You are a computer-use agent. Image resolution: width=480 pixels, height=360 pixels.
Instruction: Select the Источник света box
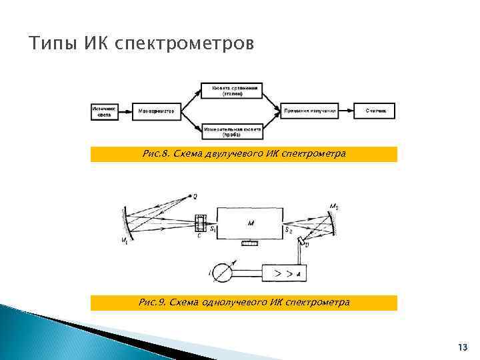(x=104, y=111)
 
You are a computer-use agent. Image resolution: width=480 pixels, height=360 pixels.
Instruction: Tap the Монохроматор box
(x=157, y=111)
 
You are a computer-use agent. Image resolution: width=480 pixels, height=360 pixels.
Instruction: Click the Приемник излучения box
(x=309, y=111)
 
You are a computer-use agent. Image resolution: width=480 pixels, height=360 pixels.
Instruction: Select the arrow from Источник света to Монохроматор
(x=127, y=111)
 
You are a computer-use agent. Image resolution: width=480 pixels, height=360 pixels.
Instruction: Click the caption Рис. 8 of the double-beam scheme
(x=244, y=154)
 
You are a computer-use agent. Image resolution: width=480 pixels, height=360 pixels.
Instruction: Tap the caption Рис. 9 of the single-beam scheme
(x=244, y=303)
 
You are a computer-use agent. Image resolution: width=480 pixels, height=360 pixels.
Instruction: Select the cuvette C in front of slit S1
(x=199, y=223)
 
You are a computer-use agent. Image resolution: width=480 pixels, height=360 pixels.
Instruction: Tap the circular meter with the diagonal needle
(x=224, y=273)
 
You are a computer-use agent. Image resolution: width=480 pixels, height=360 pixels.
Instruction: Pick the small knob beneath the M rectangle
(x=251, y=244)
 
